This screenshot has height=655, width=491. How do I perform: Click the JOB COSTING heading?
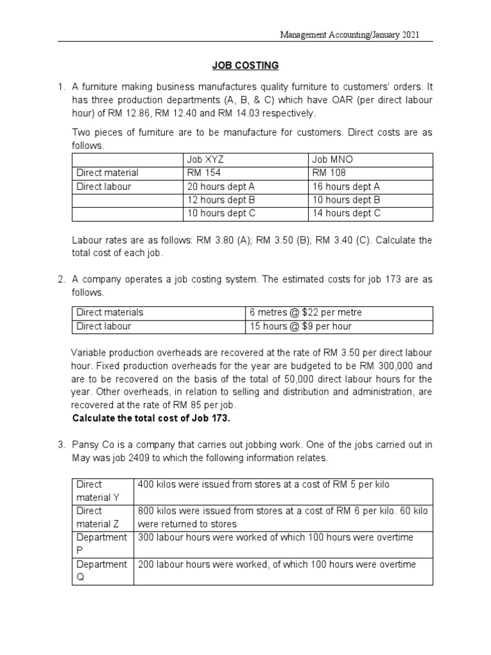pyautogui.click(x=245, y=65)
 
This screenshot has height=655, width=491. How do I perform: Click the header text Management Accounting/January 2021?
pyautogui.click(x=350, y=35)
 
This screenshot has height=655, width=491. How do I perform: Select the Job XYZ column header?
pyautogui.click(x=205, y=159)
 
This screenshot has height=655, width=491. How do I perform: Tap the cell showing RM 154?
pyautogui.click(x=201, y=173)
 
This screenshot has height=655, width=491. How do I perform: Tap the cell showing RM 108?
pyautogui.click(x=327, y=173)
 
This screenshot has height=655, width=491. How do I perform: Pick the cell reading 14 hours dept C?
pyautogui.click(x=346, y=214)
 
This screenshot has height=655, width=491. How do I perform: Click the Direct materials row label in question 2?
pyautogui.click(x=110, y=312)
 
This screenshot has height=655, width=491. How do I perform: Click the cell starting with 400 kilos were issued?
pyautogui.click(x=263, y=485)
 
